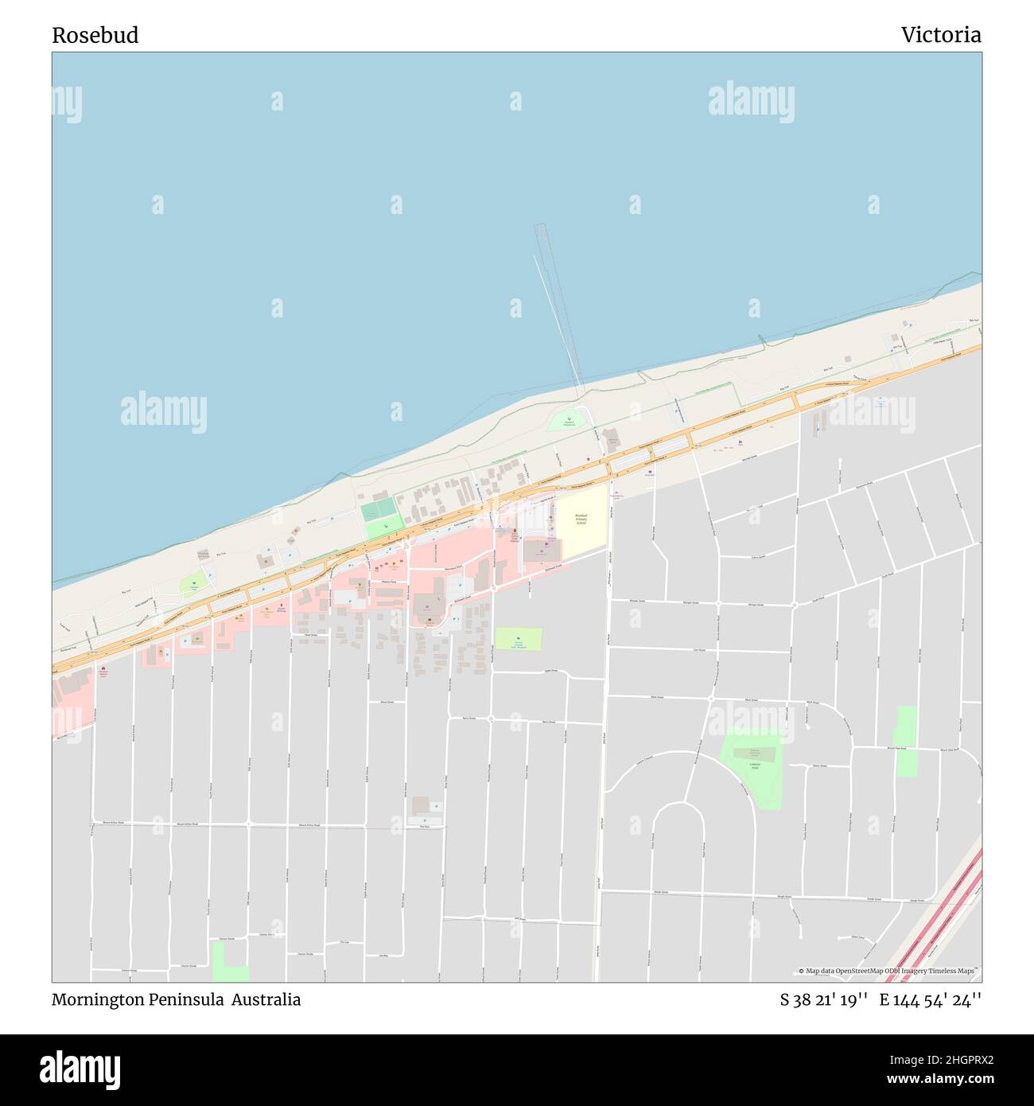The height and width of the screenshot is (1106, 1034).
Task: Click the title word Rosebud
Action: pos(95,35)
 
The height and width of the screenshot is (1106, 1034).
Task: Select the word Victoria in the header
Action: pos(941,35)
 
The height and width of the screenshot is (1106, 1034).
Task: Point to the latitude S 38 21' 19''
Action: pos(823,1000)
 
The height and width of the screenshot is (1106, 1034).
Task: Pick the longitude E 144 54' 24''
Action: pos(930,1000)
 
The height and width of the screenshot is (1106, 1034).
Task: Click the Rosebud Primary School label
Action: pos(581,519)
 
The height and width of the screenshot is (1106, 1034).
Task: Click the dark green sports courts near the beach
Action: pos(379,509)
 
